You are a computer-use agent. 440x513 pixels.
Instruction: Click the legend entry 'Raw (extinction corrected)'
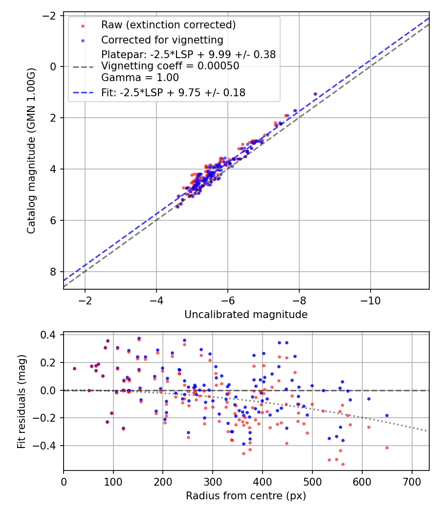168,25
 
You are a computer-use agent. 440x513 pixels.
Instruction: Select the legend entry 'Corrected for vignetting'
162,40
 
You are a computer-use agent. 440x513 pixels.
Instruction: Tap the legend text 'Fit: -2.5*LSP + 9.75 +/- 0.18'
173,92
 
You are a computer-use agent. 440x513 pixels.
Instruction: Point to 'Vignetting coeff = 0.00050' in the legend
170,66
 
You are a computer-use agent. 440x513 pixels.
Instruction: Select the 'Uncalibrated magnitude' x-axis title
246,315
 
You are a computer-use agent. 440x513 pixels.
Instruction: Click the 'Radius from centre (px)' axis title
246,496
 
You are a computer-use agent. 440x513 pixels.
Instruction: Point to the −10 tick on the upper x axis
370,299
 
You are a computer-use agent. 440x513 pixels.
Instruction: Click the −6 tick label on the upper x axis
227,299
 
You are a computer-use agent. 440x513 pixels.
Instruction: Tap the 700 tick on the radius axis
412,481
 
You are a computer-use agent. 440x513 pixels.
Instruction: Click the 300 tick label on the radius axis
213,481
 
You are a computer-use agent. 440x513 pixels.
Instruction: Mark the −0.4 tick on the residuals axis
49,446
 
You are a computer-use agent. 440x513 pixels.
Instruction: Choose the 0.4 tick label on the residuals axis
51,335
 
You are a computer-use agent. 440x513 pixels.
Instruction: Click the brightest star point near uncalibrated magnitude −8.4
315,94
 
